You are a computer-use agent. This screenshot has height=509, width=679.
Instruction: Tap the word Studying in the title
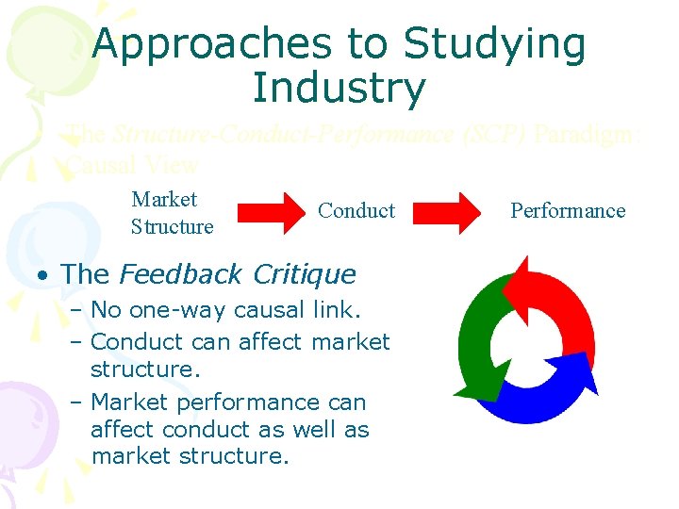click(x=494, y=44)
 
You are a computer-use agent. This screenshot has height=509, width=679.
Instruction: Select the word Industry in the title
click(x=339, y=88)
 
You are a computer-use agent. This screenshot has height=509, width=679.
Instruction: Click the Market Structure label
click(x=172, y=212)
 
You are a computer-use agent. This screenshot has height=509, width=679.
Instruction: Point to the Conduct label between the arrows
click(x=356, y=210)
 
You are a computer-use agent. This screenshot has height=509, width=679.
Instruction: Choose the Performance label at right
click(x=568, y=210)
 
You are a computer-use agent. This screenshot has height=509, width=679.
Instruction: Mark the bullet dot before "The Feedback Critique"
click(x=44, y=275)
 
